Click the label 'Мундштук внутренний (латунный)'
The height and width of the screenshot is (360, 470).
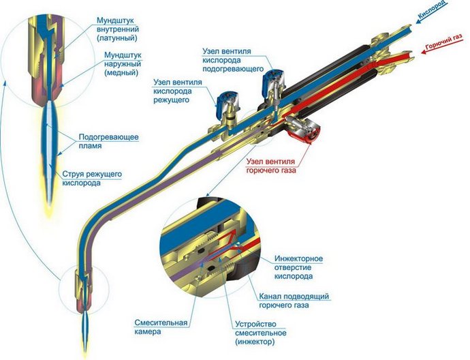click(x=118, y=29)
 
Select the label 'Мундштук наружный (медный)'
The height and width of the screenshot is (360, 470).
click(x=123, y=64)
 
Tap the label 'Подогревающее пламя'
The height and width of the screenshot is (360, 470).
click(x=108, y=141)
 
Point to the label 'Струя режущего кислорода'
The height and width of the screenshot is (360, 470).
click(x=92, y=178)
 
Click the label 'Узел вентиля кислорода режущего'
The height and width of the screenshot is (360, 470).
click(x=178, y=91)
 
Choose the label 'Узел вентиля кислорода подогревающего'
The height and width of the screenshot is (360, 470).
click(x=233, y=60)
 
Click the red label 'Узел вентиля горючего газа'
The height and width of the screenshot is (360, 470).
click(x=271, y=166)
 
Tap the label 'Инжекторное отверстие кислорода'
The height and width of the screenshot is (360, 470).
click(x=298, y=267)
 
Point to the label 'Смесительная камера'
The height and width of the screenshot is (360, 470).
click(x=161, y=327)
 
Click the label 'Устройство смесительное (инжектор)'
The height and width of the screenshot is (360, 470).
click(x=260, y=333)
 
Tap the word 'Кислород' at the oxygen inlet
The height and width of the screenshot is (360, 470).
click(x=433, y=10)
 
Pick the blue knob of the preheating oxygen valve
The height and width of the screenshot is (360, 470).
click(x=273, y=78)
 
